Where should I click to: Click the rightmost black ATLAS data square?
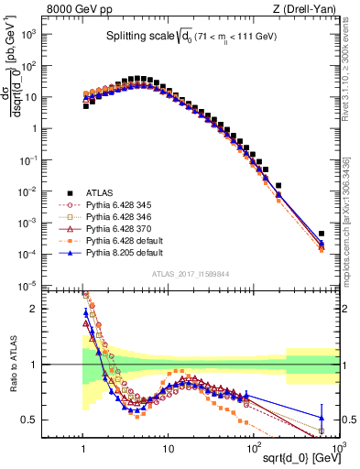321,234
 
